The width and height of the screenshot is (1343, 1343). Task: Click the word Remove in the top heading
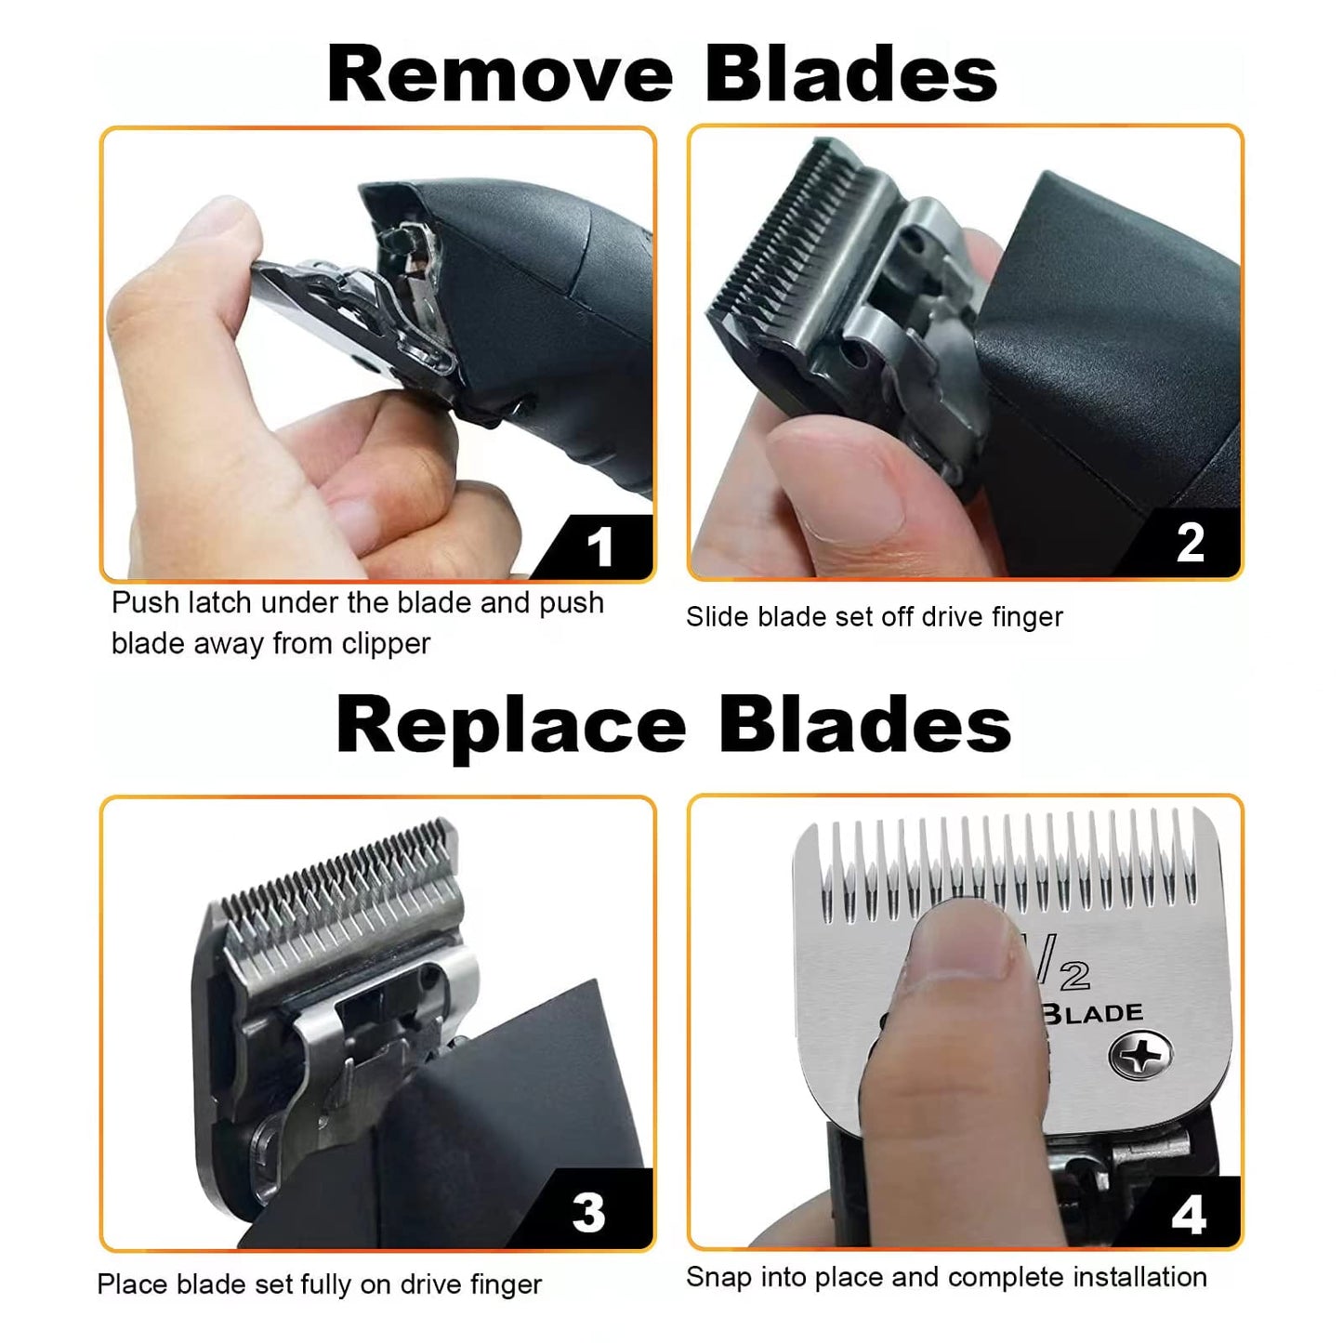[x=499, y=73]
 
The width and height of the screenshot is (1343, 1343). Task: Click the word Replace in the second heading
[x=510, y=725]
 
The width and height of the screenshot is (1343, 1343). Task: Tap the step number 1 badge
[x=599, y=546]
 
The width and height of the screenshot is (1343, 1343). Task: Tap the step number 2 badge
[x=1190, y=543]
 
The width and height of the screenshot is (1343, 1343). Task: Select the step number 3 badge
[x=588, y=1212]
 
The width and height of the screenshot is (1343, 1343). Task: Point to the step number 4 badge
[x=1189, y=1214]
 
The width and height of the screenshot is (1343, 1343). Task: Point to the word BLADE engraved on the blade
[x=1093, y=1012]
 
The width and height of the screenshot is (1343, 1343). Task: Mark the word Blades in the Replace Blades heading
[x=864, y=725]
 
